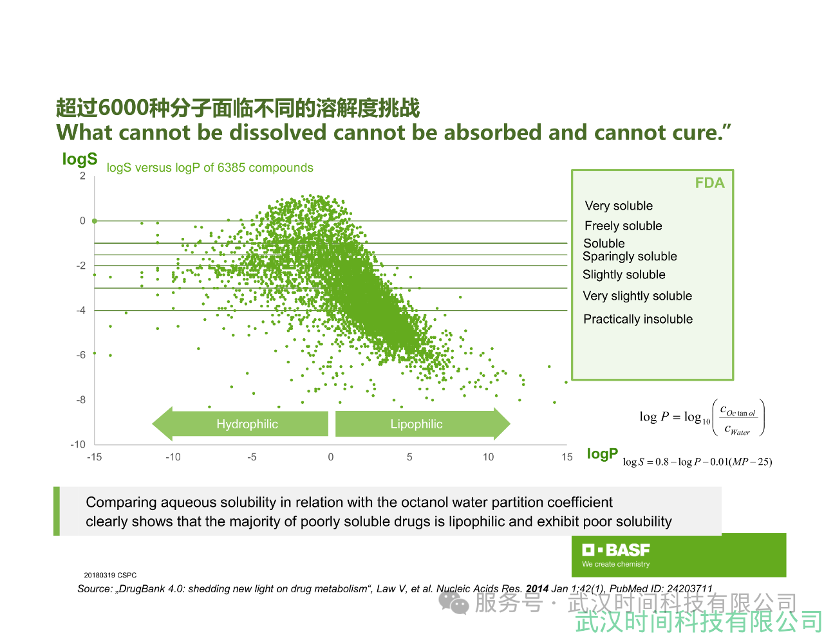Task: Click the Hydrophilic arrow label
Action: pos(247,424)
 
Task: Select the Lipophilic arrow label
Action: pos(417,424)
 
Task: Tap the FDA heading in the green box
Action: pos(709,183)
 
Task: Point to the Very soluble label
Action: pos(619,206)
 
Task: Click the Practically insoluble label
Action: pos(638,319)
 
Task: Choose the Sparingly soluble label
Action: pos(630,257)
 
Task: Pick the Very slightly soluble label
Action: pos(637,296)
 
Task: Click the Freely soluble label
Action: pos(623,226)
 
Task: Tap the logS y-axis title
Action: pos(80,159)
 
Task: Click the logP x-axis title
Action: pos(602,453)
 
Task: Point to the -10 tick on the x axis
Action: pos(173,457)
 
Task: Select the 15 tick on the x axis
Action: pos(567,457)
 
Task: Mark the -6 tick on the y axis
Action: pos(80,355)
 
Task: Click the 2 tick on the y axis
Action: pos(82,176)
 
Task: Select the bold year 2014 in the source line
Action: pos(537,588)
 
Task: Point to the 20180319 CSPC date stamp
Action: pos(110,575)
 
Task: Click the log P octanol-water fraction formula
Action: pos(702,417)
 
